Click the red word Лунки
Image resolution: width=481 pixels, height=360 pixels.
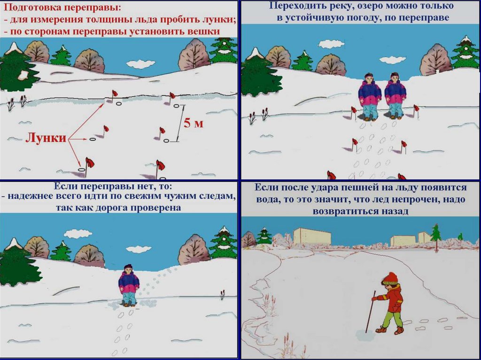pos(46,138)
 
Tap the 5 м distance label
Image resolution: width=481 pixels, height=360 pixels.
pos(193,123)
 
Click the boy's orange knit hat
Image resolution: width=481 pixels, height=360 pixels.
pos(390,278)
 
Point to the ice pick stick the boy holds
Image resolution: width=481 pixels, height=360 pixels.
pos(370,311)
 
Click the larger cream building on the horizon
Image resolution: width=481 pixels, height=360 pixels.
pos(312,236)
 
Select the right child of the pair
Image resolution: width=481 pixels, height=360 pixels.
pos(395,96)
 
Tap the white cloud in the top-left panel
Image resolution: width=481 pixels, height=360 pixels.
pos(141,64)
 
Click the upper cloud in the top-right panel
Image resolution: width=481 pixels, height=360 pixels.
pos(331,44)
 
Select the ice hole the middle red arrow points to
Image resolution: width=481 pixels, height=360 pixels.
pos(93,139)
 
